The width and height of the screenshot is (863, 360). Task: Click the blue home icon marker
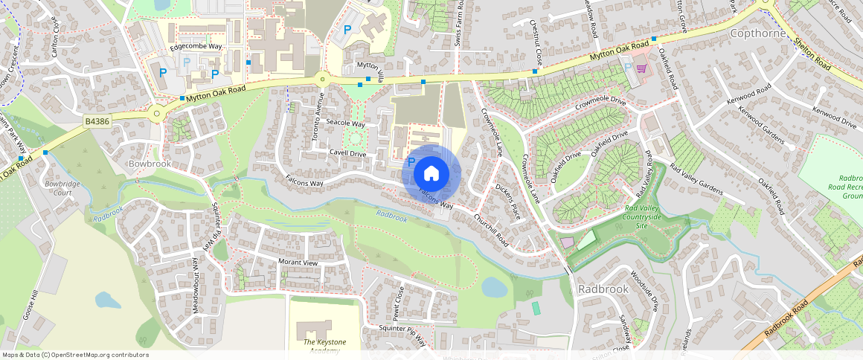point(431,174)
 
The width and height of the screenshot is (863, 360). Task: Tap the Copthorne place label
point(757,33)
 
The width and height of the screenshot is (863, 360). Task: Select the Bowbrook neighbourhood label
point(150,163)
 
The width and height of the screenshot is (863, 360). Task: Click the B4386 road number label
point(96,120)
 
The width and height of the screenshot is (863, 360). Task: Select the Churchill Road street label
point(491,231)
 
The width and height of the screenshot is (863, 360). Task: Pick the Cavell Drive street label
point(348,154)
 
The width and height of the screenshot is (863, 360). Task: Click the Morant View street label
point(298,263)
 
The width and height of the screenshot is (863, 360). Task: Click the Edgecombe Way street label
point(196,46)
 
